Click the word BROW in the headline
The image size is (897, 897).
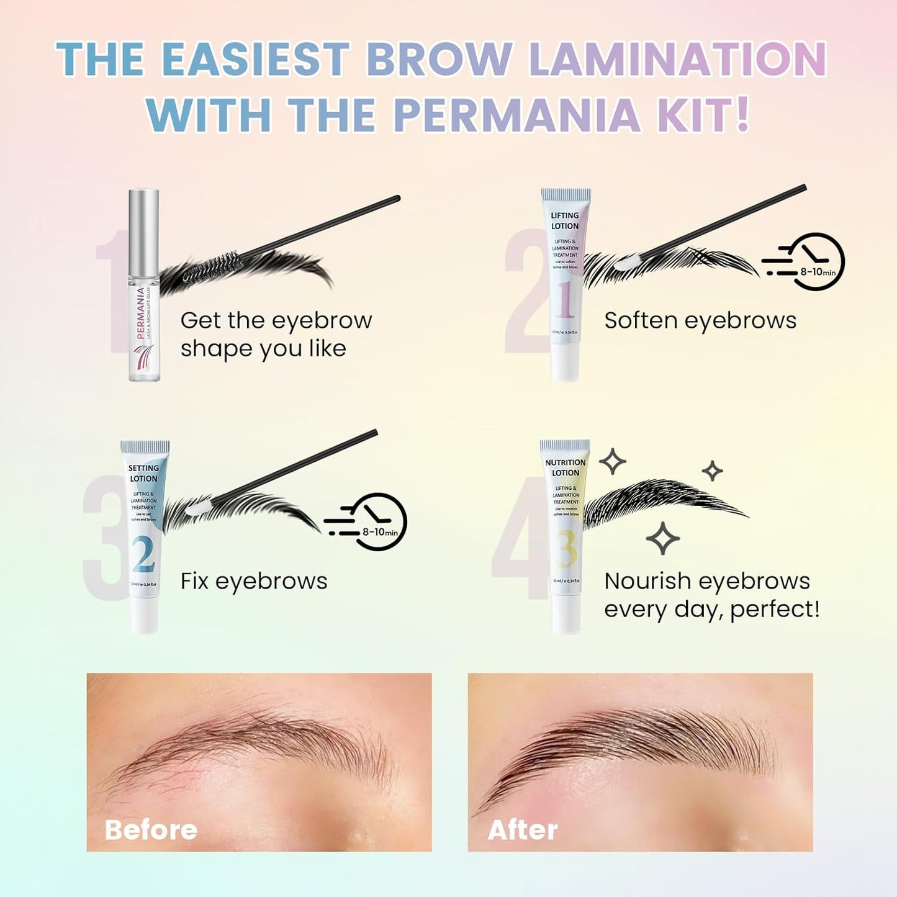pos(439,60)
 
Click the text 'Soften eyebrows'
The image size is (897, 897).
pos(700,320)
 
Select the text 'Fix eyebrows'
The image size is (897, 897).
pos(253,581)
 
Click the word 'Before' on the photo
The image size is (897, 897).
pos(151,829)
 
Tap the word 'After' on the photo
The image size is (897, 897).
pos(523,829)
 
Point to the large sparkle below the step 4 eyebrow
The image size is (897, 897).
pos(662,538)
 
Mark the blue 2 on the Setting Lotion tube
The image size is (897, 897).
pos(143,554)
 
